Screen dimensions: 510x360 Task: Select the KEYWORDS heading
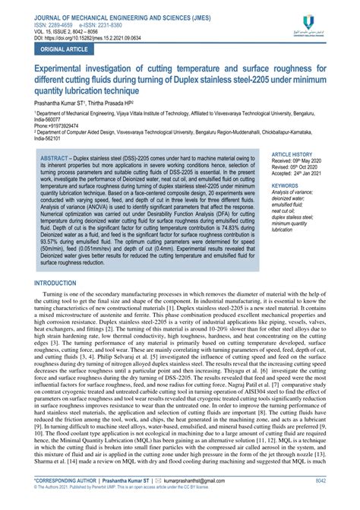tap(286, 185)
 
